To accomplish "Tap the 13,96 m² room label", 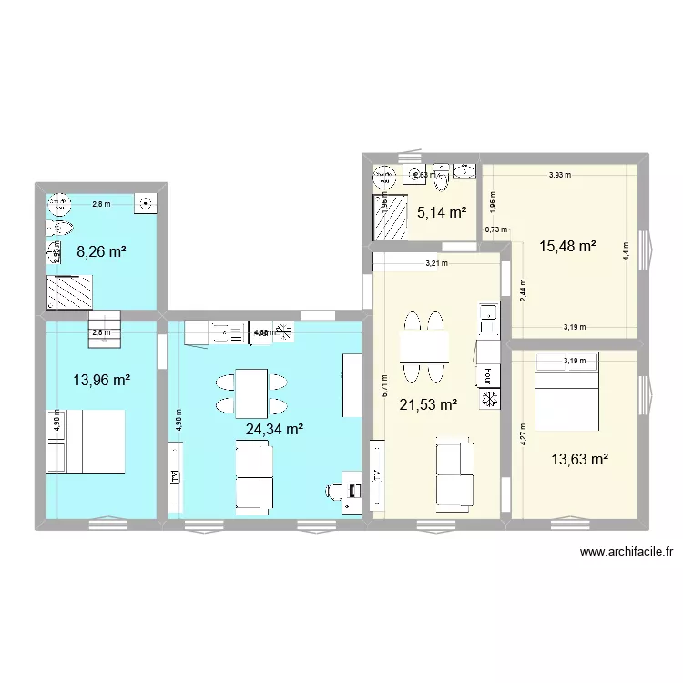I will click(102, 380).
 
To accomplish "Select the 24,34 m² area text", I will click(274, 428).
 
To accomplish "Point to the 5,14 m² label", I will click(442, 214).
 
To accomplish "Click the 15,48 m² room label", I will click(567, 246).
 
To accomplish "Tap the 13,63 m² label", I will click(579, 460).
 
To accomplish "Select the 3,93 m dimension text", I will click(560, 176).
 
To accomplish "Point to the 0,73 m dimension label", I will click(496, 230).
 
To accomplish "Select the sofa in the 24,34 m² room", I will click(254, 476).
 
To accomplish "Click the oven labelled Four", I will click(488, 375).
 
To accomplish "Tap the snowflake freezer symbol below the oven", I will click(489, 399).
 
